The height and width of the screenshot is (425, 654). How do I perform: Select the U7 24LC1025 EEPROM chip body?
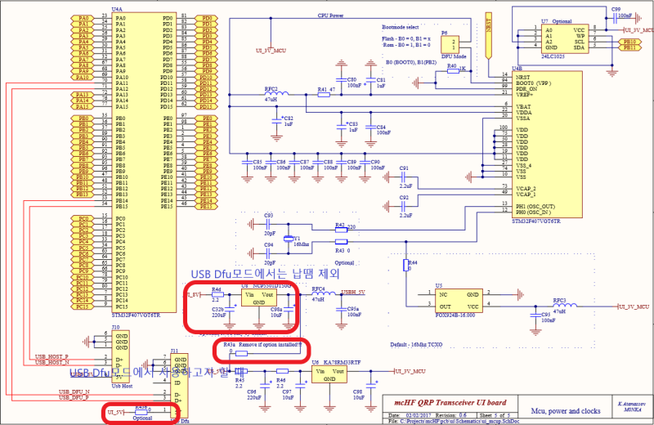pos(568,38)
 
